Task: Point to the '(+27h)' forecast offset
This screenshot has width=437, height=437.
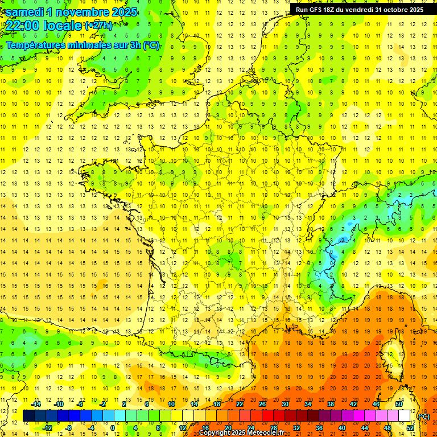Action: tap(98, 26)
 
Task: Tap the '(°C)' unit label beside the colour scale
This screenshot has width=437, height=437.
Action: tap(424, 416)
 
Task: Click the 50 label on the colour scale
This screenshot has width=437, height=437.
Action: tap(398, 404)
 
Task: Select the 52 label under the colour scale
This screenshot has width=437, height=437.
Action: tap(410, 427)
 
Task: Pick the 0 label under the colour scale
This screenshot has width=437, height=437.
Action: tap(113, 427)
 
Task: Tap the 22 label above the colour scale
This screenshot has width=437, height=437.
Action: tap(240, 404)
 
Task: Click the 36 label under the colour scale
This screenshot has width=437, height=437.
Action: tap(319, 427)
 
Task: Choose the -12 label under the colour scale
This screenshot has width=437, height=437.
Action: tap(47, 427)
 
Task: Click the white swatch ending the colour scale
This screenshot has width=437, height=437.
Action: tap(404, 416)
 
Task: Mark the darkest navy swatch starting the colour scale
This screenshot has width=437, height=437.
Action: tap(28, 416)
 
